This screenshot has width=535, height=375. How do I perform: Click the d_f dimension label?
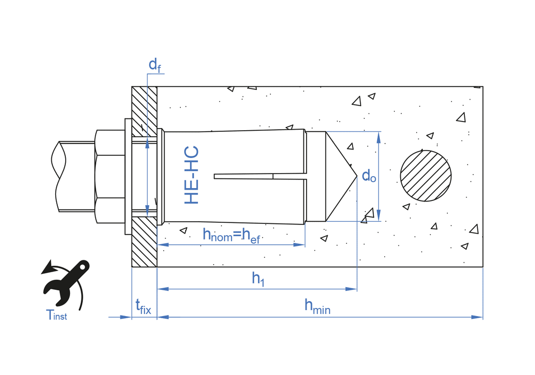(155, 66)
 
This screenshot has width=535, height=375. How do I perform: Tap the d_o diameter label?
(369, 176)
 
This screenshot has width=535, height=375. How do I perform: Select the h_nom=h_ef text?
(231, 235)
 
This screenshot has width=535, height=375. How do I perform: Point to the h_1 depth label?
(258, 278)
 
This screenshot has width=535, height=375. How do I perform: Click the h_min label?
(317, 306)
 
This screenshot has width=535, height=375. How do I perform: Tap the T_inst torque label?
(57, 315)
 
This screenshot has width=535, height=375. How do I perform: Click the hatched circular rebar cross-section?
(426, 176)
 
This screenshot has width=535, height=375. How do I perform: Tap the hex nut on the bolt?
(110, 176)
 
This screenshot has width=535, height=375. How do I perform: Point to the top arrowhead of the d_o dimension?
(379, 137)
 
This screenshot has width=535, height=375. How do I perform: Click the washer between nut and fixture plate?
(127, 176)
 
